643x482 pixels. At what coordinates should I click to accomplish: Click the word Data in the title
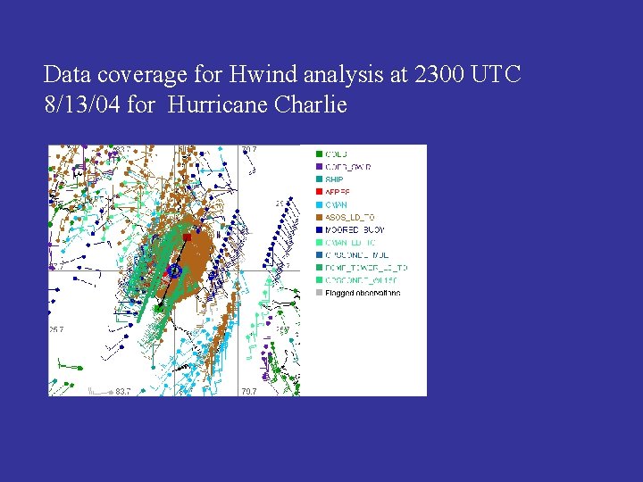coord(64,74)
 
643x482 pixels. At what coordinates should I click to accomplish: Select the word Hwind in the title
coord(241,74)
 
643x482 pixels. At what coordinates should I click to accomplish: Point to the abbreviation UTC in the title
coord(496,74)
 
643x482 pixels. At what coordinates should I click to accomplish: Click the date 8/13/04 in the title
coord(82,105)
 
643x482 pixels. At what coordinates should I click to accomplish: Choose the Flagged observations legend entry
coord(362,293)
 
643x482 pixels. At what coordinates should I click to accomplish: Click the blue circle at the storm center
coord(175,270)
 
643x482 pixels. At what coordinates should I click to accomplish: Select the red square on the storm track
coord(187,237)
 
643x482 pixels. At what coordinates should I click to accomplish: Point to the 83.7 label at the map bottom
coord(122,391)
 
